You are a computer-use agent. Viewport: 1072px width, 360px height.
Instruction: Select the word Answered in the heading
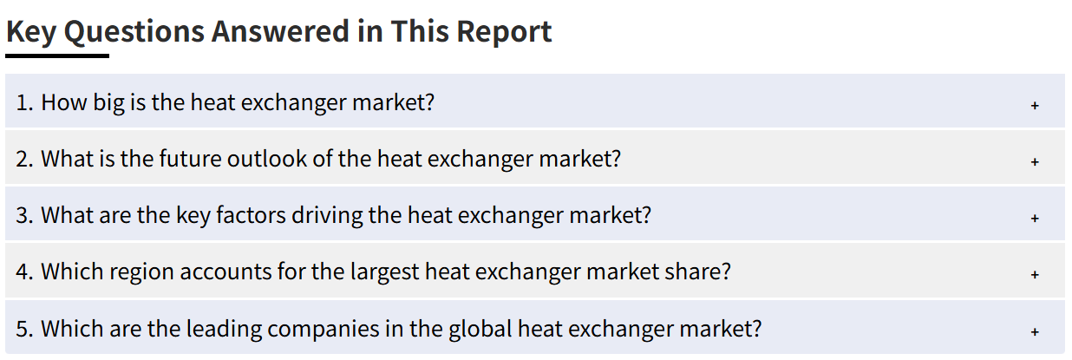click(280, 31)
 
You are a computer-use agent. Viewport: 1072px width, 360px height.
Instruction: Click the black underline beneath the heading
click(57, 56)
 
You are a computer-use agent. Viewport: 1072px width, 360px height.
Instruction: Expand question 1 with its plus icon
click(1035, 105)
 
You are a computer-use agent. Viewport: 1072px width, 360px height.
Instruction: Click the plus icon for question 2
click(1035, 162)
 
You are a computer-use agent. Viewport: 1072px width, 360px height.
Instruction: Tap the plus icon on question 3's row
click(1035, 219)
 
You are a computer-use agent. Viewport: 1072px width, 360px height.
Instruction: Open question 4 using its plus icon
click(1035, 275)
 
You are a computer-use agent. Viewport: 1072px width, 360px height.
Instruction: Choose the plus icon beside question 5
click(1035, 331)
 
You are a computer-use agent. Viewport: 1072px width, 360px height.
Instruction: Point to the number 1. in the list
click(25, 102)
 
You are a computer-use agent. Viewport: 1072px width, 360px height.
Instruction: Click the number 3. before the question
click(25, 215)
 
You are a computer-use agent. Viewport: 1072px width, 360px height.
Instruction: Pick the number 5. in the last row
click(25, 329)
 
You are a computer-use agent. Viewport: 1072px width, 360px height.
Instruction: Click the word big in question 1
click(108, 103)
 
